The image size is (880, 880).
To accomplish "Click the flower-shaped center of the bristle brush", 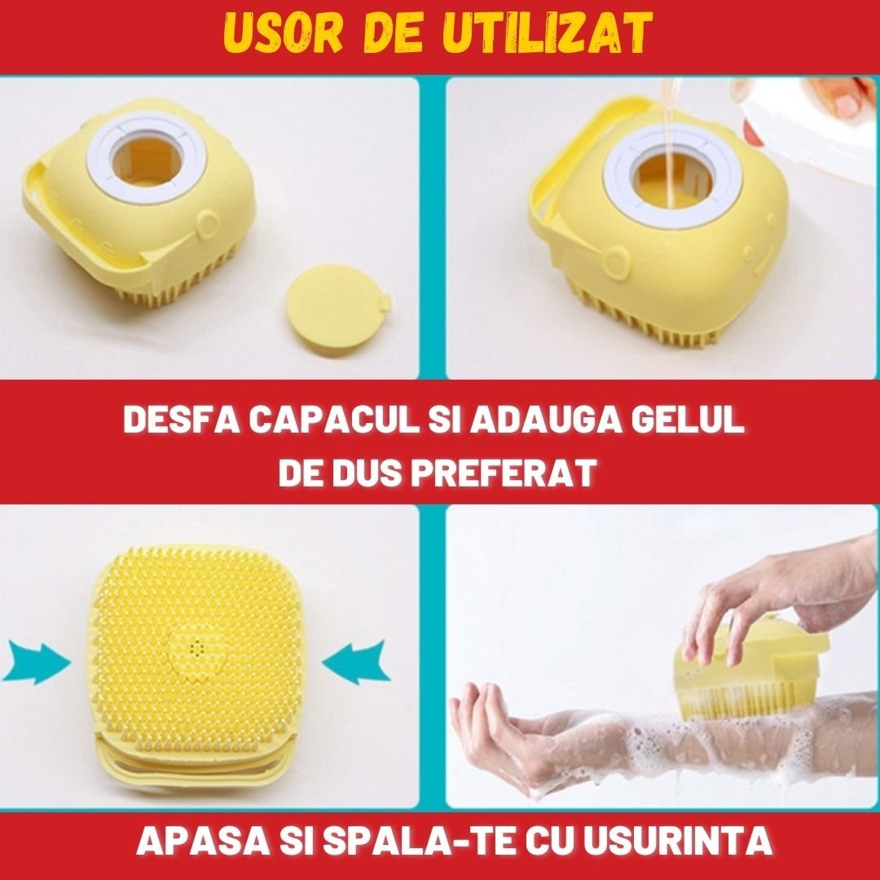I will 196,648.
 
